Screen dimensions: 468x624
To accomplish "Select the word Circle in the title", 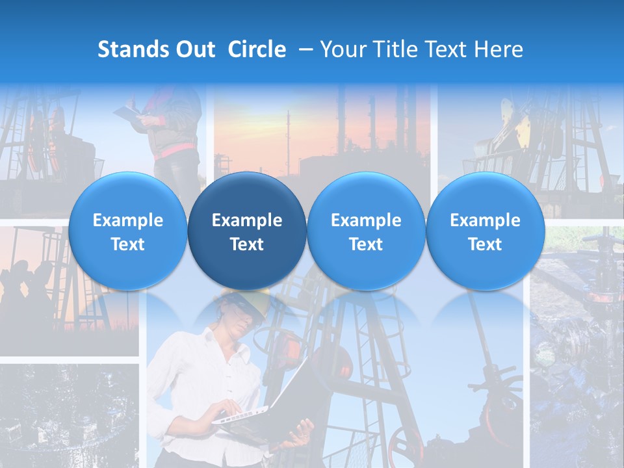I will coord(257,49).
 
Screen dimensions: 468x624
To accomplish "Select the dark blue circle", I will coord(247,231).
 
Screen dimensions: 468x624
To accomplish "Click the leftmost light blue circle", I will coord(127,231).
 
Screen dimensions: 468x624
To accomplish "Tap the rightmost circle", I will coord(485,231).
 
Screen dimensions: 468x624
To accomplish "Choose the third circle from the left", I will coord(366,231).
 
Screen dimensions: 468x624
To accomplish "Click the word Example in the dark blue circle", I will coord(247,220).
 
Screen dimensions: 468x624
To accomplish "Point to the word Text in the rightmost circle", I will coord(485,244).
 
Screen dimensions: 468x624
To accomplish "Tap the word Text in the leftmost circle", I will coord(127,244).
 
